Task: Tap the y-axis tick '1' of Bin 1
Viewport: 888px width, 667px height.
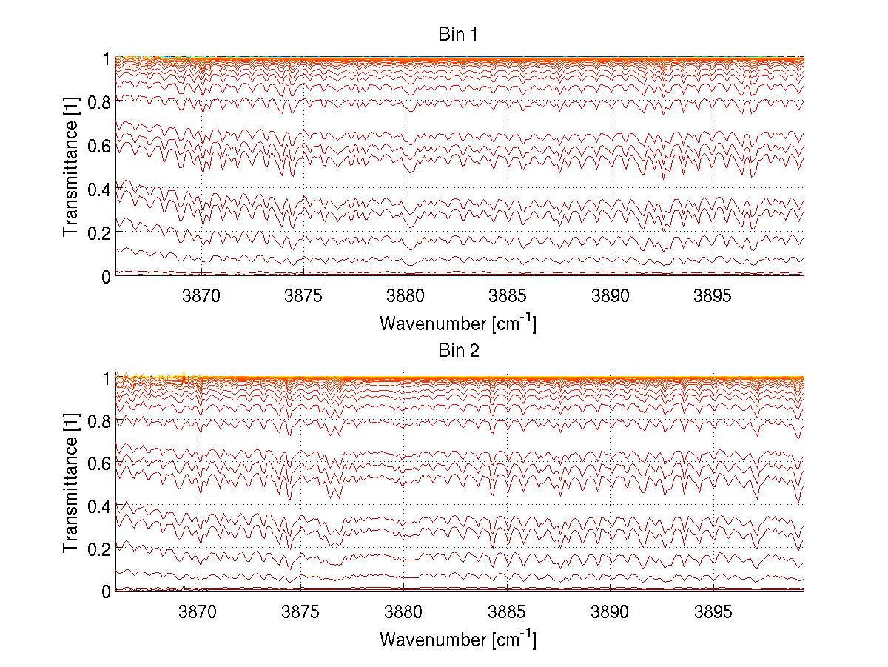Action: pyautogui.click(x=106, y=58)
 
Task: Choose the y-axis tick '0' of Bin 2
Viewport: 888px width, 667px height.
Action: pyautogui.click(x=106, y=591)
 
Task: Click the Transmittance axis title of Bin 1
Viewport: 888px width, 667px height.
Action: pyautogui.click(x=71, y=167)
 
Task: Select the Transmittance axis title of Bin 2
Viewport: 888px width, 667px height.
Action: pyautogui.click(x=71, y=483)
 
